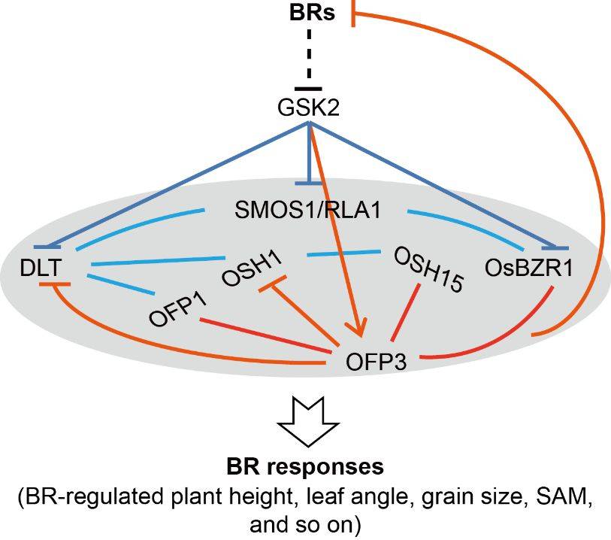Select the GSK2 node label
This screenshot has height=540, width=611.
pos(308,109)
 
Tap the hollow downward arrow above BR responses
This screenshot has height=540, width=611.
pos(307,422)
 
